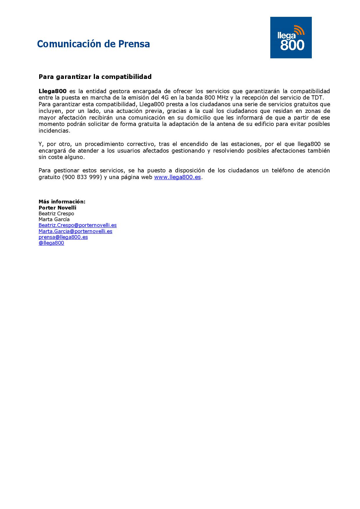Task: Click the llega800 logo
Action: click(x=291, y=38)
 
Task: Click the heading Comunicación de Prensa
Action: click(x=93, y=44)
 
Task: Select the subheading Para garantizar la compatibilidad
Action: click(x=95, y=77)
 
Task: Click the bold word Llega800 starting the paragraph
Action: click(x=53, y=91)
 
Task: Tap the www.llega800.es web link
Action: click(x=177, y=177)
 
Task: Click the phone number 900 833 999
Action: click(x=82, y=177)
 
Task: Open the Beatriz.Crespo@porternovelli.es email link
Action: click(x=78, y=225)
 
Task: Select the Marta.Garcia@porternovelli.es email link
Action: click(x=75, y=231)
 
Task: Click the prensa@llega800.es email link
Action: click(x=63, y=237)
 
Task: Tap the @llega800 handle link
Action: click(x=51, y=243)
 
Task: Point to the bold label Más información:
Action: click(x=62, y=202)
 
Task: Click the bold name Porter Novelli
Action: click(x=57, y=208)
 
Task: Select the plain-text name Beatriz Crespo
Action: click(x=56, y=214)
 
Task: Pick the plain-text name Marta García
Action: click(x=54, y=219)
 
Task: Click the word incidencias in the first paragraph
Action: click(x=54, y=131)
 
